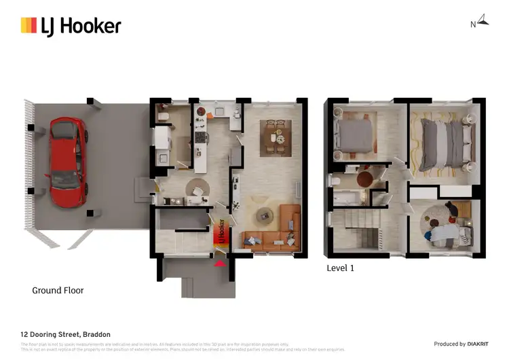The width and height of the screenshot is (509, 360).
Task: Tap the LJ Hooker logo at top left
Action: (71, 26)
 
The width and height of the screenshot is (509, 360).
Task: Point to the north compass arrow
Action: (483, 20)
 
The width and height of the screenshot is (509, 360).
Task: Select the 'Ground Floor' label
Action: (58, 290)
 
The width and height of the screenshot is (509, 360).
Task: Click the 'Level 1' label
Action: (341, 268)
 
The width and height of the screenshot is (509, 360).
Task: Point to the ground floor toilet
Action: (163, 118)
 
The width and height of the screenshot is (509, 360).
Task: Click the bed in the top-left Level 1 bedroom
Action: (356, 136)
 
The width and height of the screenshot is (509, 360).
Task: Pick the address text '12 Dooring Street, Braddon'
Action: (65, 334)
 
